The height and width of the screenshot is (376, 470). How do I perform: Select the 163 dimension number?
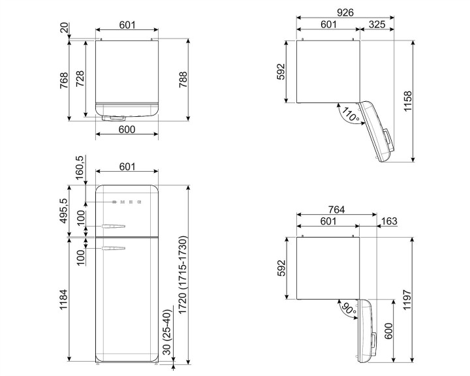388,222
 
